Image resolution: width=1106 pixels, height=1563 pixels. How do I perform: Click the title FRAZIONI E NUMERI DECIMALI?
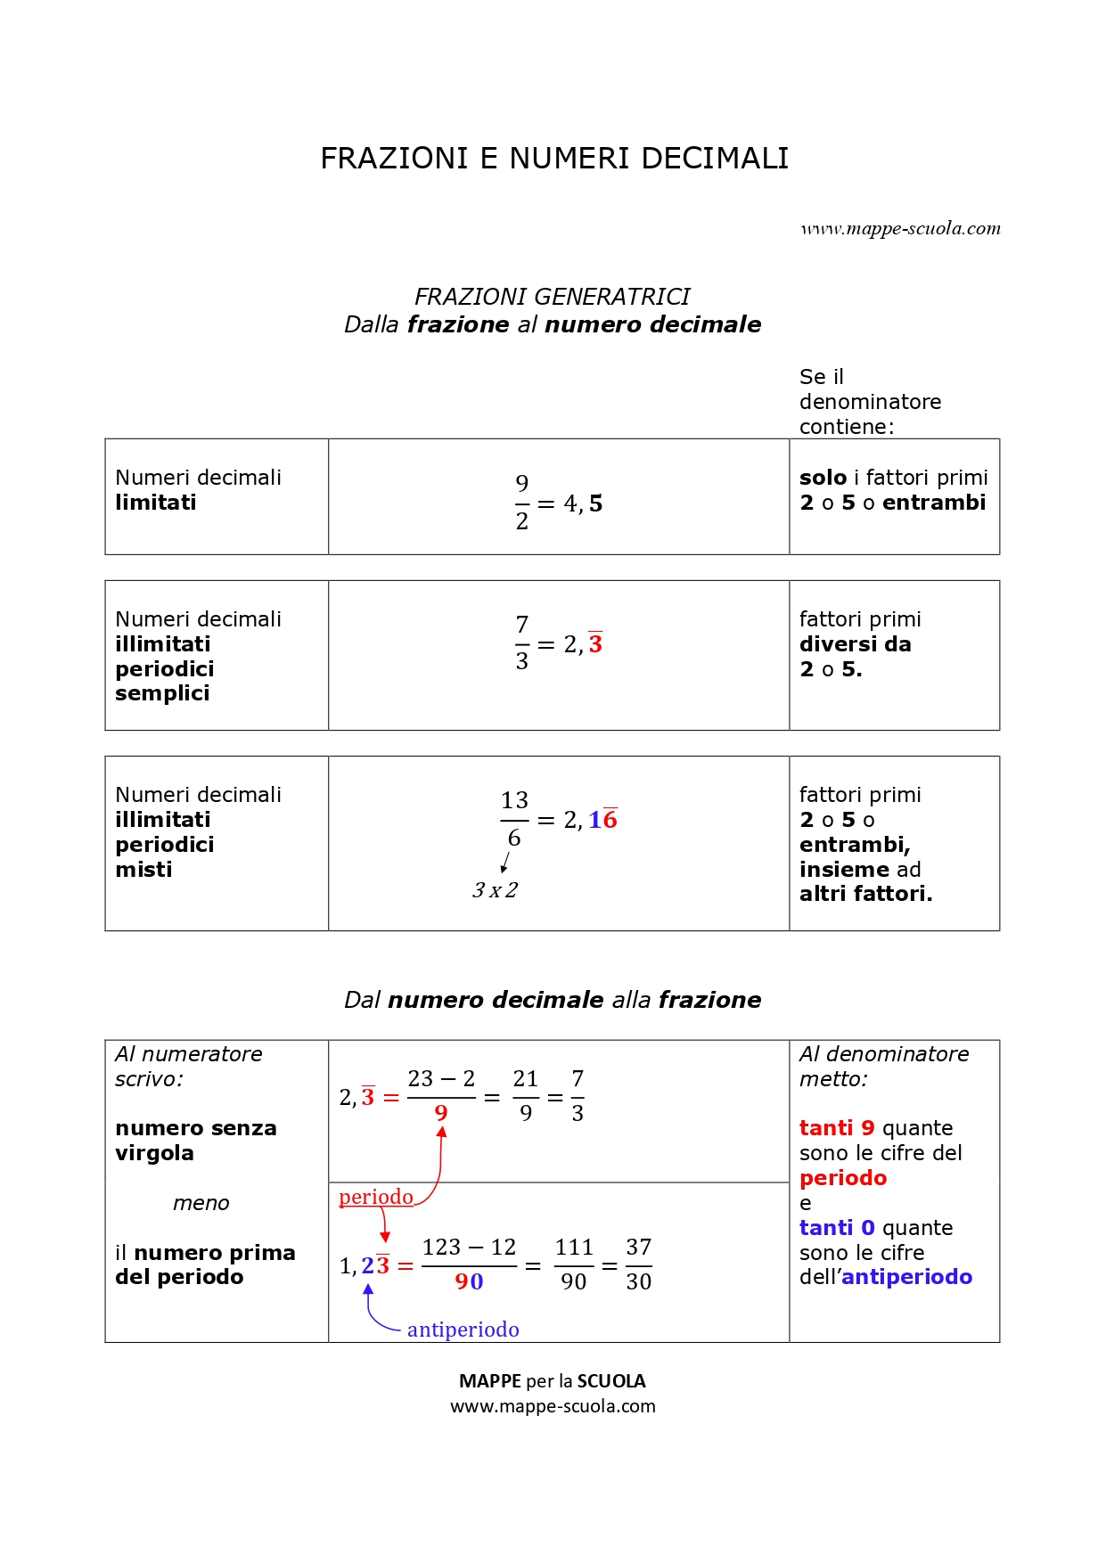coord(554,159)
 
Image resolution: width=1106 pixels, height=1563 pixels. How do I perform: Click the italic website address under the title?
coord(900,229)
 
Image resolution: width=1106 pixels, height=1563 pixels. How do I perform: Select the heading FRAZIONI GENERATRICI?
coord(552,297)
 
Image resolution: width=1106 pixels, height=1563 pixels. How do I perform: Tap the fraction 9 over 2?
coord(522,503)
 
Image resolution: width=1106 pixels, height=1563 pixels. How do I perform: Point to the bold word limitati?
coord(156,503)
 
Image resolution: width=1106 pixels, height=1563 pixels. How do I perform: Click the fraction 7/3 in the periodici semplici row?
coord(522,642)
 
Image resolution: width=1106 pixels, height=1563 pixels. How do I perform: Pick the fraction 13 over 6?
coord(514,819)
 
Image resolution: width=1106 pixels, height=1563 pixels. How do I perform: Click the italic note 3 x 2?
coord(495,890)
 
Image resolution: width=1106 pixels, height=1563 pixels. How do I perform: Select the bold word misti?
coord(143,870)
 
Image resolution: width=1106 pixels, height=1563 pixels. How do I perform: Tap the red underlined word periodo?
coord(376,1197)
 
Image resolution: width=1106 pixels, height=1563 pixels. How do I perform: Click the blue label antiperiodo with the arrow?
coord(463,1330)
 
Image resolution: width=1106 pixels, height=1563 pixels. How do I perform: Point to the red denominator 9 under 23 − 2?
coord(441,1113)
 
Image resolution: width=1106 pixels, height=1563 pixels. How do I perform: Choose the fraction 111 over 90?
coord(574,1264)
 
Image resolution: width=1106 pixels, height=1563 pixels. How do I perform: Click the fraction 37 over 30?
coord(638,1264)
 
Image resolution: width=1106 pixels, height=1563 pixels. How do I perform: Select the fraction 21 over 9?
coord(526,1096)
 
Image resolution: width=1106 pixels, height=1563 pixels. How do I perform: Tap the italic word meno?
coord(201,1203)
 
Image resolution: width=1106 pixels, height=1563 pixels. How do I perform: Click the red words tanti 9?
coord(836,1128)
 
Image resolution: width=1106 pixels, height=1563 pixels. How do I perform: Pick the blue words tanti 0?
coord(836,1228)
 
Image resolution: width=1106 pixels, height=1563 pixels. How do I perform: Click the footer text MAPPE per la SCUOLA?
coord(552,1381)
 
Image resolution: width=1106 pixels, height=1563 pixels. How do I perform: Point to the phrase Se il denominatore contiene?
coord(869,402)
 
